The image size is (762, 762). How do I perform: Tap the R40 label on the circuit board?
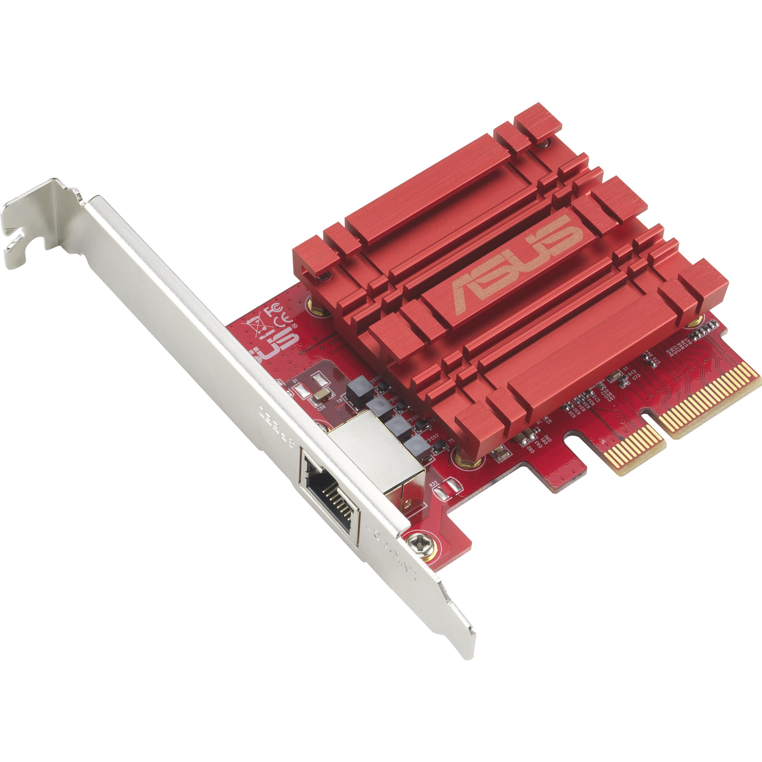(632, 372)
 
